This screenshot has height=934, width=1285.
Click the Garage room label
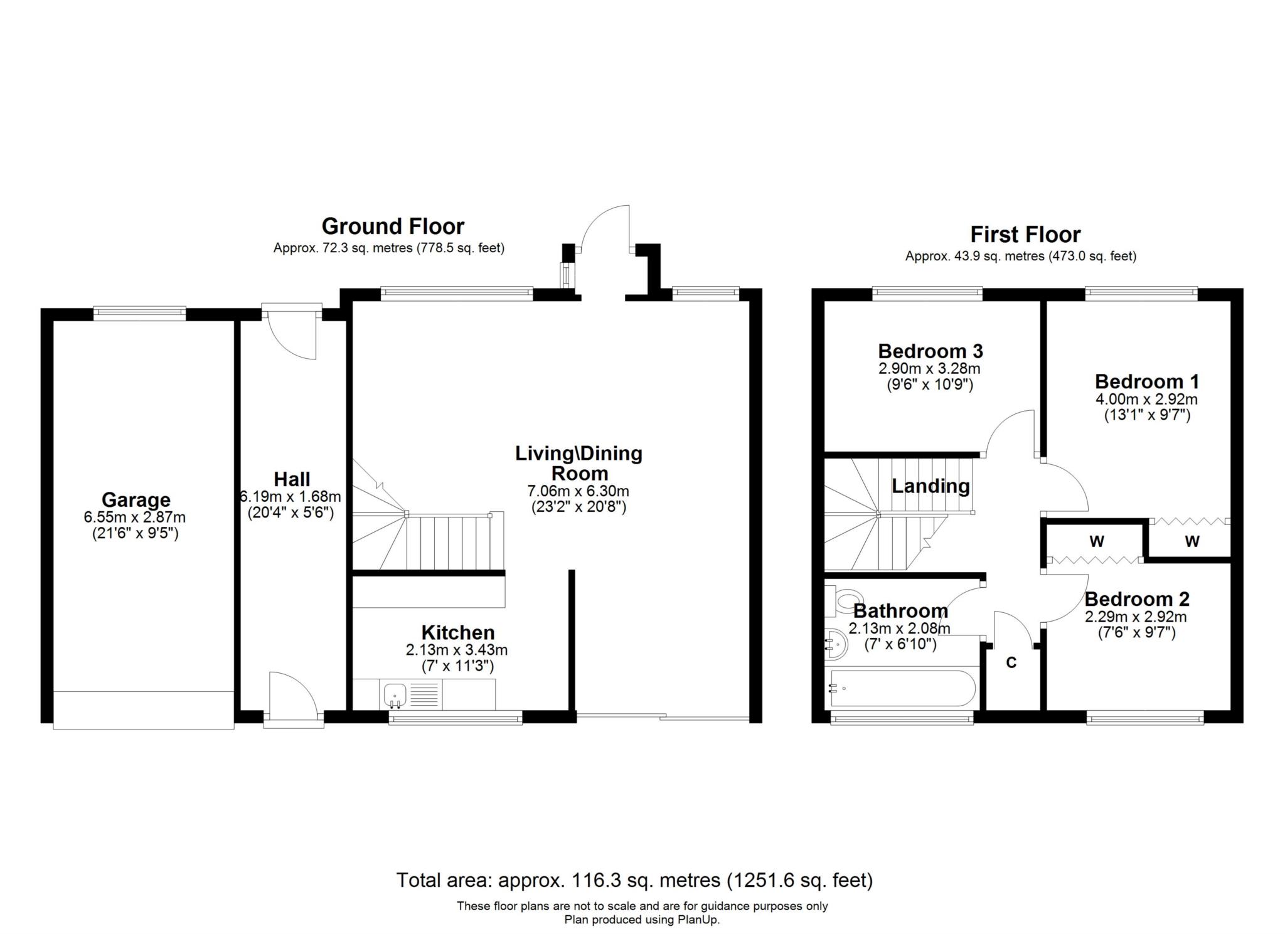pyautogui.click(x=136, y=500)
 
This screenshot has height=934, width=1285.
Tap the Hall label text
pyautogui.click(x=292, y=479)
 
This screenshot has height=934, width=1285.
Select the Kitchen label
pyautogui.click(x=458, y=632)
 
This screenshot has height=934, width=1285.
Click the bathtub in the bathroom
pyautogui.click(x=903, y=688)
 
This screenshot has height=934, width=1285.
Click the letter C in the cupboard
pyautogui.click(x=1011, y=662)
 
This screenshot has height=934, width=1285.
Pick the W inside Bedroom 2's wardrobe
pyautogui.click(x=1097, y=541)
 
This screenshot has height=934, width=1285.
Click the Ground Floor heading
pyautogui.click(x=393, y=226)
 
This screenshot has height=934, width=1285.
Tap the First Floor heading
pyautogui.click(x=1026, y=235)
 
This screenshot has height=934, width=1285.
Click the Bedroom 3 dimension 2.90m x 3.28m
pyautogui.click(x=929, y=368)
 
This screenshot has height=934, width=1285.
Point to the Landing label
pyautogui.click(x=931, y=486)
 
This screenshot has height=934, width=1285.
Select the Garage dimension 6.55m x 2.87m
pyautogui.click(x=135, y=517)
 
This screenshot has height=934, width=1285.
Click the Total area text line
pyautogui.click(x=635, y=881)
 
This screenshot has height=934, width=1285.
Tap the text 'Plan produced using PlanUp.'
pyautogui.click(x=642, y=920)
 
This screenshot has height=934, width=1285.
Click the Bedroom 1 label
pyautogui.click(x=1147, y=381)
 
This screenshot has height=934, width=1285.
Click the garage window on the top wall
pyautogui.click(x=140, y=312)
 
